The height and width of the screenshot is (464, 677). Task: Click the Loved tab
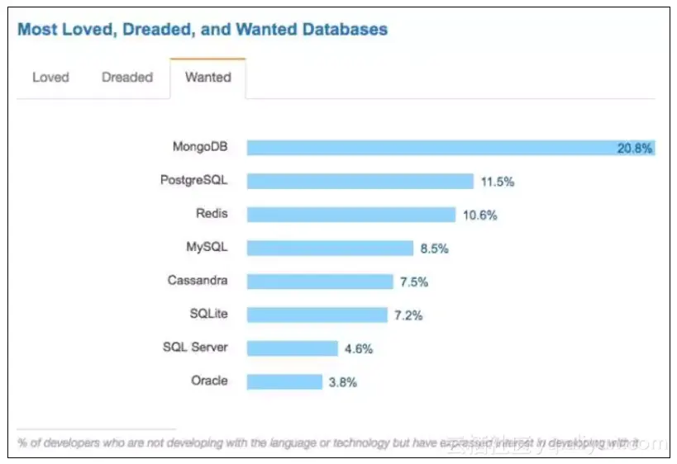point(50,78)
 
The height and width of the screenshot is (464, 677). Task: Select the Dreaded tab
point(127,78)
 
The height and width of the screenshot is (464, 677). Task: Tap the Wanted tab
point(208,78)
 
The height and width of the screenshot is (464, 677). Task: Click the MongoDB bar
point(430,148)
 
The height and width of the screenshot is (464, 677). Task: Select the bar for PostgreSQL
point(360,181)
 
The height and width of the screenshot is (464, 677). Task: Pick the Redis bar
point(350,215)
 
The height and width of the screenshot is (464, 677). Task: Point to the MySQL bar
point(330,248)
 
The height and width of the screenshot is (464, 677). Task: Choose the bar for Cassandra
point(320,282)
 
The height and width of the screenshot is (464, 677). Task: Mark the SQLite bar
point(317,315)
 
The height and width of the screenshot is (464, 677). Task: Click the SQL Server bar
point(292,348)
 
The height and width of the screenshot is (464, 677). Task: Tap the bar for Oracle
point(284,381)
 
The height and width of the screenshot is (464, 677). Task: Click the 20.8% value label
point(635,149)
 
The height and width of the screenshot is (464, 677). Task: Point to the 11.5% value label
point(497,182)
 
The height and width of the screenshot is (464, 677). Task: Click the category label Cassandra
point(198,281)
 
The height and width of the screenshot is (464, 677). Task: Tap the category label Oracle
point(208,381)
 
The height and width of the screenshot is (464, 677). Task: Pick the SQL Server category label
point(195,348)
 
